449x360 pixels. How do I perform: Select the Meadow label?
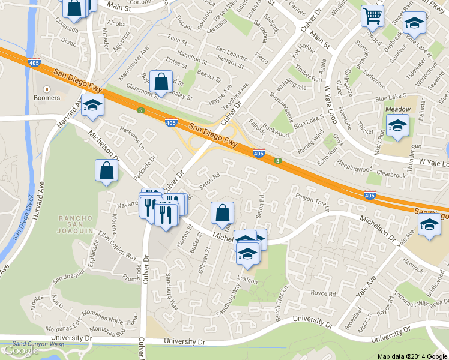[397, 109]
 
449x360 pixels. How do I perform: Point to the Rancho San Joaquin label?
[75, 223]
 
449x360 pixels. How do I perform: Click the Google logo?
[21, 350]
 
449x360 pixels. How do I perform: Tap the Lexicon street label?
[247, 281]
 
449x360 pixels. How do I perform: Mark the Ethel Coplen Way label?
[118, 247]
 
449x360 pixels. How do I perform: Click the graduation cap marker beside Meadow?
[397, 126]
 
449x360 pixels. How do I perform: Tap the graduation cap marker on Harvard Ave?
[92, 106]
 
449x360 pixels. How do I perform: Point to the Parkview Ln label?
[133, 137]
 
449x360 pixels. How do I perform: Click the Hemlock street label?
[414, 262]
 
